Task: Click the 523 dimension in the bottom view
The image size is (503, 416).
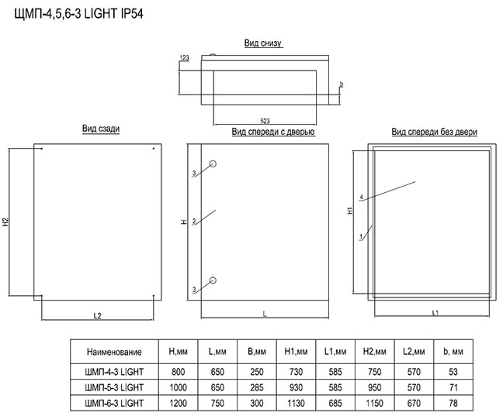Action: coord(265,121)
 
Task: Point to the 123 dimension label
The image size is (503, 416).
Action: coord(184,57)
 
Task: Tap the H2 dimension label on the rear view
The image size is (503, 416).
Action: coord(5,222)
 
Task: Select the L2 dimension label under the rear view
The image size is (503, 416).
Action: coord(98,316)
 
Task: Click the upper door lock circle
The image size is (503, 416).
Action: coord(213,164)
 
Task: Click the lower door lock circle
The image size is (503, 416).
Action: coord(213,280)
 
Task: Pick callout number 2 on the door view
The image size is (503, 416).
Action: coord(194,222)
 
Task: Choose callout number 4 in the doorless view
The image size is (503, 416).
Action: coord(362,197)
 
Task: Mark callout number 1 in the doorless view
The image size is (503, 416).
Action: coord(361,237)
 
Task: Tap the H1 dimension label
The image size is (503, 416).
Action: coord(350,211)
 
